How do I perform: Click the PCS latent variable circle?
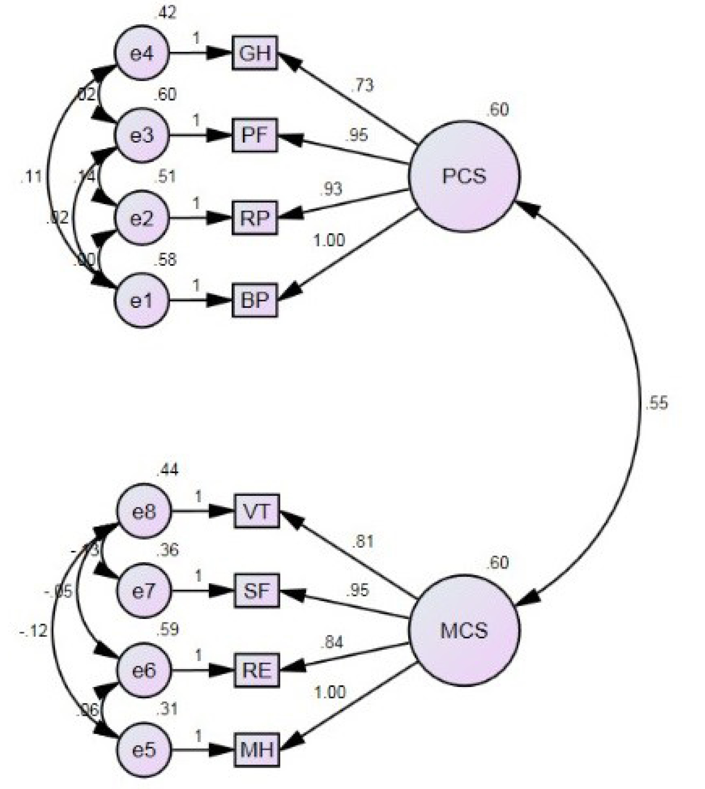point(464,176)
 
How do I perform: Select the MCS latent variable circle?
point(464,630)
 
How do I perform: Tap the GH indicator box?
point(255,53)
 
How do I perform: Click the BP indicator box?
point(255,300)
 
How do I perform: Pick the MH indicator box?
point(257,750)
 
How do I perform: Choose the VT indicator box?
point(257,511)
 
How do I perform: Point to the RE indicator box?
point(257,670)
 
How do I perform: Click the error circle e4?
point(142,53)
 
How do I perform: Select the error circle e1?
point(142,300)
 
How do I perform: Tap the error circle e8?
point(144,511)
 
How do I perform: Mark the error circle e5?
point(144,750)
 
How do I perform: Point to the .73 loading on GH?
point(362,85)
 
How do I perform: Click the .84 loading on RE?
point(332,642)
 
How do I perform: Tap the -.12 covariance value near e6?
point(34,631)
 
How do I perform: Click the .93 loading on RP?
point(331,189)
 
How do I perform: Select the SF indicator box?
point(257,591)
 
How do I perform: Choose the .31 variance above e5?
point(167,709)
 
